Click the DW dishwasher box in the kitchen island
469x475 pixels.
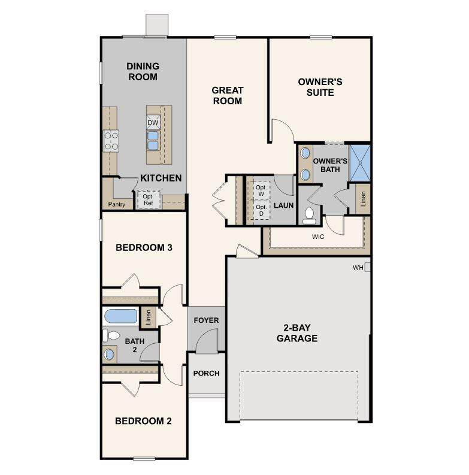[153, 122]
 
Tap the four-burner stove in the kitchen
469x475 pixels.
[111, 141]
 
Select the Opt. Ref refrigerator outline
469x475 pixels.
[149, 199]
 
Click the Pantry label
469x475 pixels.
[117, 204]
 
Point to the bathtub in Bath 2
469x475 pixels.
[120, 316]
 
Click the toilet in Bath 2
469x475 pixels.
[111, 335]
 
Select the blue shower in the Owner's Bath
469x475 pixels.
[360, 164]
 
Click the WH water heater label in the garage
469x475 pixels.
[358, 268]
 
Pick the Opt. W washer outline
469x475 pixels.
[261, 190]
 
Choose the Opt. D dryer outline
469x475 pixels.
[261, 210]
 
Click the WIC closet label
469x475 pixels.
[318, 237]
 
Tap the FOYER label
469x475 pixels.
[206, 320]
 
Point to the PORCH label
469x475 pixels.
[206, 373]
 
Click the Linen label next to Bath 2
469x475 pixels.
[148, 317]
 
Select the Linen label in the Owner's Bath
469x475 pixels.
[363, 199]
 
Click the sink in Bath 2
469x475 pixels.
[109, 354]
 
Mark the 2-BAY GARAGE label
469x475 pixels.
[297, 333]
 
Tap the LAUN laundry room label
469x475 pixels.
[283, 205]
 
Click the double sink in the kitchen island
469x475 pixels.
[153, 140]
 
